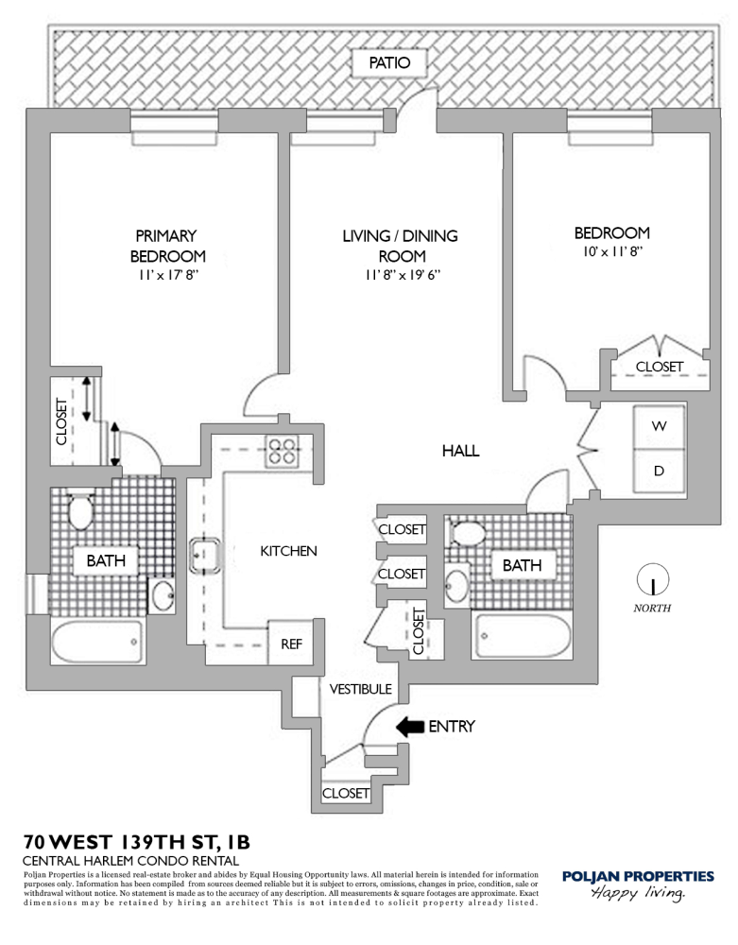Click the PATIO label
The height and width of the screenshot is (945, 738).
click(x=389, y=64)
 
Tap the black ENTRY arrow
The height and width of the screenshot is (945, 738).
click(x=408, y=727)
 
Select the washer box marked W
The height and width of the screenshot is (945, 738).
click(x=659, y=426)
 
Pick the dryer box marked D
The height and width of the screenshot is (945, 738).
click(x=659, y=470)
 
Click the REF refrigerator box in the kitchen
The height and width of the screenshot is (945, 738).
click(x=292, y=644)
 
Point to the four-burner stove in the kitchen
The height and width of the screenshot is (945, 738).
click(x=281, y=451)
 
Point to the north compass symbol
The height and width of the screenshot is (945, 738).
click(x=652, y=578)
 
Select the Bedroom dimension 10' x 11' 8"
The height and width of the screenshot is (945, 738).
click(x=612, y=252)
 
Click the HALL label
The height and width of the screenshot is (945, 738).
click(x=460, y=452)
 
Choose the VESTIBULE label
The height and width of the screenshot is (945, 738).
click(x=360, y=690)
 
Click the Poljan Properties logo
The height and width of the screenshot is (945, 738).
click(x=637, y=884)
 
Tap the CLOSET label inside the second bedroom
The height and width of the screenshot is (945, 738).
click(x=659, y=366)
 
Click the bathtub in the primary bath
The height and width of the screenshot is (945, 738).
click(x=97, y=643)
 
